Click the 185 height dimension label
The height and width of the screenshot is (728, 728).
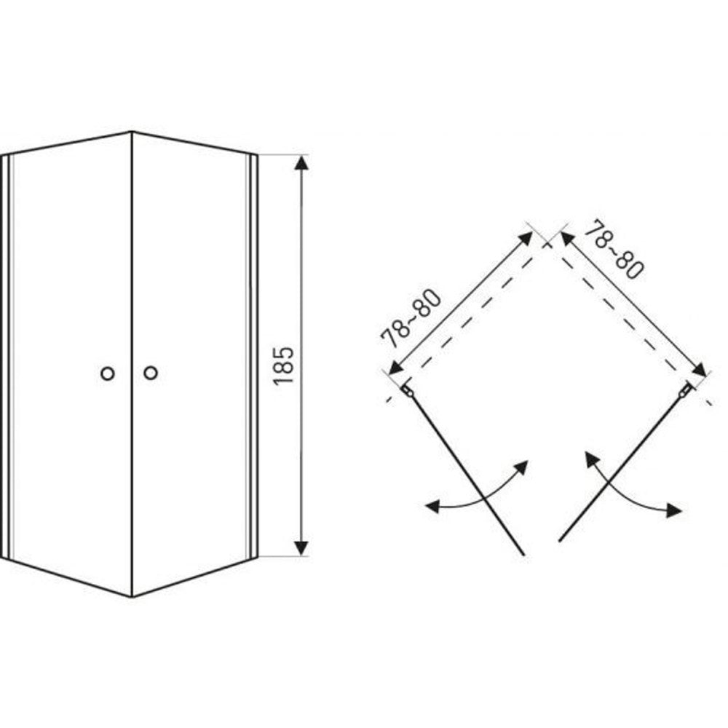pos(284,365)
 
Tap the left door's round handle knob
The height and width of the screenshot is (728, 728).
pos(108,373)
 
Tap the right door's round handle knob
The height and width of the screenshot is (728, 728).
pos(151,372)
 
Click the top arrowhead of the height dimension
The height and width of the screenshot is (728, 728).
pos(302,163)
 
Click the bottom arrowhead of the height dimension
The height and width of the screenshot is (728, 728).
pos(302,548)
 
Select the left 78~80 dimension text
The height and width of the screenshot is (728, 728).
pos(410,318)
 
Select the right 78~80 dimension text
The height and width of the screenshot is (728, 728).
pos(613,250)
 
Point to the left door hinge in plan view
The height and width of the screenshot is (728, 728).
pos(407,391)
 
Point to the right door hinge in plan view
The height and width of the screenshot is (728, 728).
pos(686,390)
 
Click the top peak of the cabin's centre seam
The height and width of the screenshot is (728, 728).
pos(132,132)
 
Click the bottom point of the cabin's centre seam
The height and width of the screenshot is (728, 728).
pos(132,597)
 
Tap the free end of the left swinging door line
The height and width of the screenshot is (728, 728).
pos(523,554)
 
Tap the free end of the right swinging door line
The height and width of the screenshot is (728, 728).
pos(560,540)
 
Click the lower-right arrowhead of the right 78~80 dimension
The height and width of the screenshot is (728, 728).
pos(700,370)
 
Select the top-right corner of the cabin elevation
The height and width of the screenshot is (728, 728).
pos(257,154)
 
